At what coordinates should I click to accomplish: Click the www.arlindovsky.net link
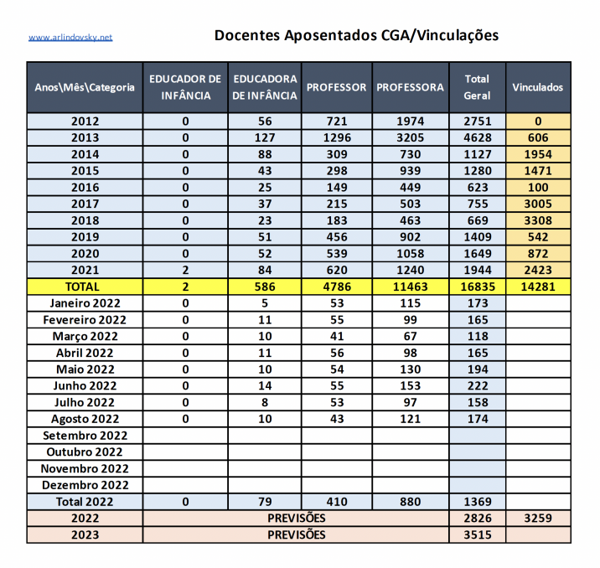click(x=70, y=38)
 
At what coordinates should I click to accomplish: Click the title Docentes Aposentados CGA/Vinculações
click(x=356, y=35)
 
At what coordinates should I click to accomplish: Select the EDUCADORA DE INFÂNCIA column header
click(x=264, y=87)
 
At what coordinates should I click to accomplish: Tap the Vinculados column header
click(x=538, y=87)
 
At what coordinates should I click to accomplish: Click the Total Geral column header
click(x=477, y=87)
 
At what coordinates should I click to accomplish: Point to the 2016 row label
click(x=85, y=187)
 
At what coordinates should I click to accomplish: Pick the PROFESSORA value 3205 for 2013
click(x=409, y=137)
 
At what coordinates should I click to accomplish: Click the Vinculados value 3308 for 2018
click(x=538, y=220)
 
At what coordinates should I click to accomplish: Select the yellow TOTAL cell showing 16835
click(x=477, y=287)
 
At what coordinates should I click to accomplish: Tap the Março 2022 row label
click(x=85, y=336)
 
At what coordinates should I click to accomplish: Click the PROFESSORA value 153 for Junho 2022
click(x=409, y=385)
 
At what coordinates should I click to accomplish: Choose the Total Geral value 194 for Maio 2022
click(x=477, y=369)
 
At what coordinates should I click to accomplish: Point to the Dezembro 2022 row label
click(x=85, y=485)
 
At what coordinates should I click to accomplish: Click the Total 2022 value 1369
click(x=477, y=502)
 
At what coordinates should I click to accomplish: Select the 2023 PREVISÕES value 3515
click(x=477, y=534)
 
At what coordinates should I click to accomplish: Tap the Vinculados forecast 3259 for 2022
click(x=538, y=518)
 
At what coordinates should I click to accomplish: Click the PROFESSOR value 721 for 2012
click(x=336, y=121)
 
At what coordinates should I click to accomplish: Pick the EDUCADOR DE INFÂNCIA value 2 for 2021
click(x=185, y=270)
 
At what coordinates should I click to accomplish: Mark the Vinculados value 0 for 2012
click(x=538, y=121)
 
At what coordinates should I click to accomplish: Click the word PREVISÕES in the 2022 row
click(x=297, y=518)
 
